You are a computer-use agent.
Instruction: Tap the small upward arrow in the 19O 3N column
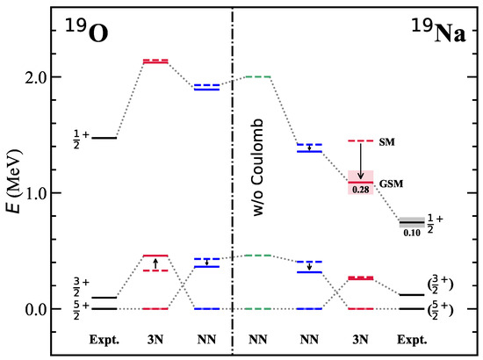[x=155, y=263]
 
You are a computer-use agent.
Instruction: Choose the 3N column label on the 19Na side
[x=361, y=337]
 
